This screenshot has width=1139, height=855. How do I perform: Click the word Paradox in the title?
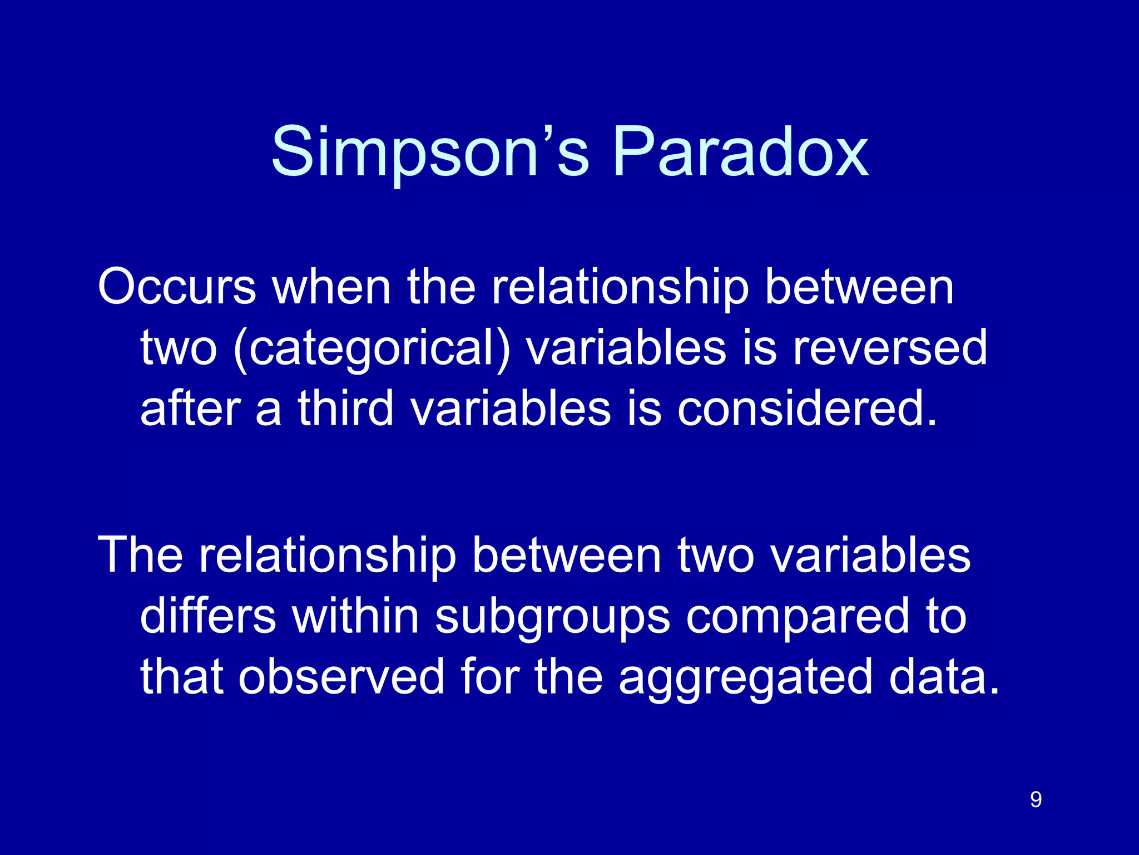pyautogui.click(x=740, y=153)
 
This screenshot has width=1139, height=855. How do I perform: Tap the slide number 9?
pyautogui.click(x=1036, y=800)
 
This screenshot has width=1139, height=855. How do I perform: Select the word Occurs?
pyautogui.click(x=177, y=287)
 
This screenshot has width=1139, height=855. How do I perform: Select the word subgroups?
pyautogui.click(x=552, y=618)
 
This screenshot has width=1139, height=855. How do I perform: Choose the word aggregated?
pyautogui.click(x=745, y=679)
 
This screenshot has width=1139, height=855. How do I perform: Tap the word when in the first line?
pyautogui.click(x=331, y=287)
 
